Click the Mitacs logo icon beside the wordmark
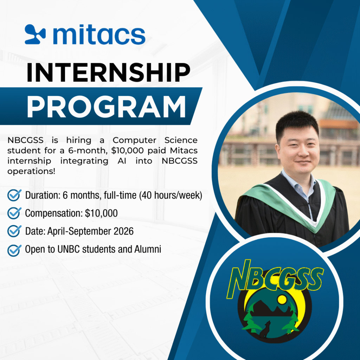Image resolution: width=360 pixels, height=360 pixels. click(x=35, y=34)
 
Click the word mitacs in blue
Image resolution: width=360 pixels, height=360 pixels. click(x=99, y=34)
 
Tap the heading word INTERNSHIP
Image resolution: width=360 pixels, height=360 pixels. click(x=108, y=72)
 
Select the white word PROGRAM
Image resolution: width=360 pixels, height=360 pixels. click(x=106, y=107)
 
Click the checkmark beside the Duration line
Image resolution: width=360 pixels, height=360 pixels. click(x=14, y=195)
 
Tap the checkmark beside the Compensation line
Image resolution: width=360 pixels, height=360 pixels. click(x=14, y=213)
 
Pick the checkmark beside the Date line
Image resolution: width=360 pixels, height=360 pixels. click(x=14, y=231)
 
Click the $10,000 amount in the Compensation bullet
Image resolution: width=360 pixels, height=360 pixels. click(x=101, y=213)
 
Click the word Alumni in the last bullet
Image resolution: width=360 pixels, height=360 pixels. click(x=148, y=249)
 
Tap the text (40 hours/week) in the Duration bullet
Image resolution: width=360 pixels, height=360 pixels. click(x=171, y=195)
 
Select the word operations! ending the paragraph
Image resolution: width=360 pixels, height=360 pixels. click(x=31, y=172)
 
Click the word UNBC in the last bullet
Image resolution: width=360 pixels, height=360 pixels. click(x=68, y=249)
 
